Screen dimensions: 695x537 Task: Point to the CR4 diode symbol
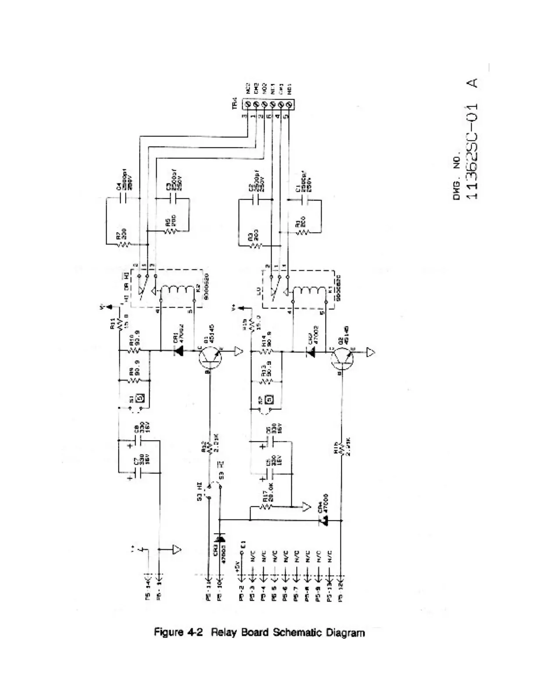[x=324, y=521]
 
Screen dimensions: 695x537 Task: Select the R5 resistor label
[x=168, y=224]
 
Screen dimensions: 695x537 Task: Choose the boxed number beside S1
[x=141, y=398]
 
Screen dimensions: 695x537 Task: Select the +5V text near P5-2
[x=237, y=564]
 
